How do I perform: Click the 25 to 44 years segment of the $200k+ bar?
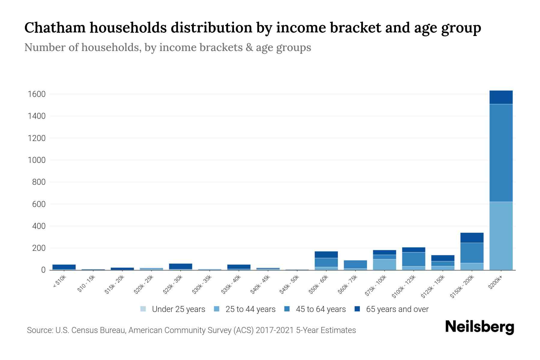pyautogui.click(x=501, y=236)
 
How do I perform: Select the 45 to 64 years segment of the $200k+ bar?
pyautogui.click(x=501, y=153)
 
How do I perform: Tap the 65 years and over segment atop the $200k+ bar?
pyautogui.click(x=501, y=97)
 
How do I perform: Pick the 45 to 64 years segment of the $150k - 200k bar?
pyautogui.click(x=472, y=253)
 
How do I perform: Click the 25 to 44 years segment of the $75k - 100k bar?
pyautogui.click(x=384, y=265)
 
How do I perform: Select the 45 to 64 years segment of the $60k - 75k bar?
pyautogui.click(x=355, y=264)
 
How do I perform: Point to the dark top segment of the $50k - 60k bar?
pyautogui.click(x=326, y=255)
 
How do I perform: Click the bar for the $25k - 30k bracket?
pyautogui.click(x=181, y=266)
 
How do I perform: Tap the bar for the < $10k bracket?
pyautogui.click(x=64, y=267)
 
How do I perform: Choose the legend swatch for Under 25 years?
pyautogui.click(x=143, y=309)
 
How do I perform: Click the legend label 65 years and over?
pyautogui.click(x=397, y=309)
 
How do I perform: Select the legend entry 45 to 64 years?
pyautogui.click(x=320, y=309)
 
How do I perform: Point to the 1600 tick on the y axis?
pyautogui.click(x=37, y=94)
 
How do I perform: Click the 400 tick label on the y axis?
pyautogui.click(x=39, y=226)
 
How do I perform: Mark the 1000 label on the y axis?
pyautogui.click(x=37, y=160)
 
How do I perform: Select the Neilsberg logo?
pyautogui.click(x=479, y=327)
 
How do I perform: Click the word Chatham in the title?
pyautogui.click(x=55, y=28)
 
